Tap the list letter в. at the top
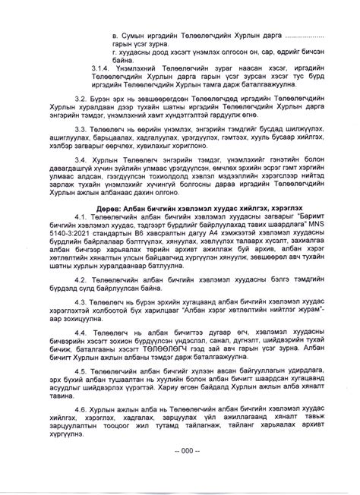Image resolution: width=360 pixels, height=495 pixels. tap(113, 36)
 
